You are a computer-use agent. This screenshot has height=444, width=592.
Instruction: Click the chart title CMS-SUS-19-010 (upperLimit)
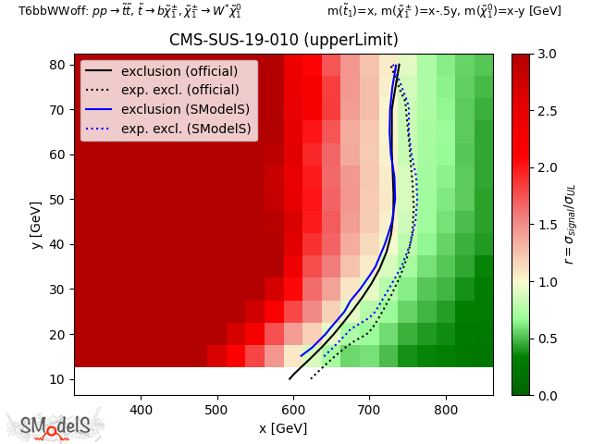[284, 41]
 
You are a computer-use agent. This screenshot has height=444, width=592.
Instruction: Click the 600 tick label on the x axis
[293, 409]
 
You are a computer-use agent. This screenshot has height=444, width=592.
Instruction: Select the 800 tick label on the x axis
[446, 409]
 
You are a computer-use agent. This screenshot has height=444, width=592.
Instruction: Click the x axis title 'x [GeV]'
[283, 427]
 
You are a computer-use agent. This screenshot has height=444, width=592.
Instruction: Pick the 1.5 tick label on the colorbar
[546, 225]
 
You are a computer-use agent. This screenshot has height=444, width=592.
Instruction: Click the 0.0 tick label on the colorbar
[546, 395]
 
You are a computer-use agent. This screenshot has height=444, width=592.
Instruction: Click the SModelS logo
[55, 425]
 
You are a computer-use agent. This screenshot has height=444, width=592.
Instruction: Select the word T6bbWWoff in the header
[49, 11]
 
